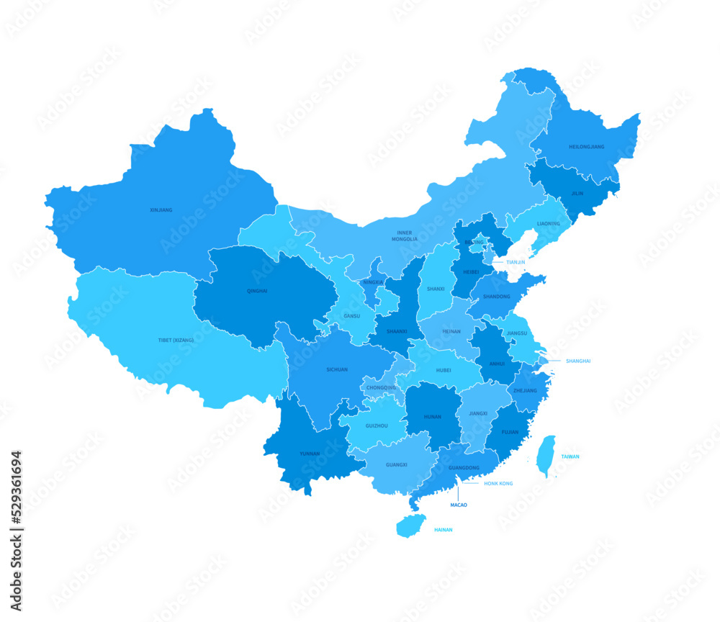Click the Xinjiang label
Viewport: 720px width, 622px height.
tap(161, 210)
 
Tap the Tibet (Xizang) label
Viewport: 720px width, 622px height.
tap(176, 340)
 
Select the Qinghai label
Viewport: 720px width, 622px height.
tap(257, 291)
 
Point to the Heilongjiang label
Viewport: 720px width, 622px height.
tap(587, 147)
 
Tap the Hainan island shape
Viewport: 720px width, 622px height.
tap(410, 526)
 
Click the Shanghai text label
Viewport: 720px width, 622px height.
tap(577, 361)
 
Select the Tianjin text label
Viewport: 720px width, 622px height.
tap(516, 262)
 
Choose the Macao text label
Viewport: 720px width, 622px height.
tap(459, 505)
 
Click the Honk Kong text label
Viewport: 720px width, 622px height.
tap(498, 483)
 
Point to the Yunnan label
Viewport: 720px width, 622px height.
tap(310, 454)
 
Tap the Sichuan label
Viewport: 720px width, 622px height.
tap(337, 369)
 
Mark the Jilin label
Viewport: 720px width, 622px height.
tap(577, 193)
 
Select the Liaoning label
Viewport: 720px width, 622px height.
tap(548, 223)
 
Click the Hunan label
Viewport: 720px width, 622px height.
tap(432, 416)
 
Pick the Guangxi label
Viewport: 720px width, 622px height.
tap(396, 464)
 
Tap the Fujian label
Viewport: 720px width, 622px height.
tap(510, 432)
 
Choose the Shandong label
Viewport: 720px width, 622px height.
tap(497, 296)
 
